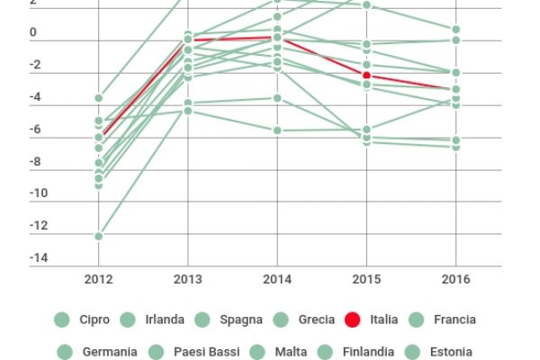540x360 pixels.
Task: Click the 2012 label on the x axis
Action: [98, 279]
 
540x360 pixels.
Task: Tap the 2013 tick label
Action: [187, 279]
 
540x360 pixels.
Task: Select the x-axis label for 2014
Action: [277, 279]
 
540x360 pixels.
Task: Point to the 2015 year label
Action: [366, 279]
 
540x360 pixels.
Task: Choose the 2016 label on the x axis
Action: [455, 279]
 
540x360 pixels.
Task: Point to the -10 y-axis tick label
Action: [38, 194]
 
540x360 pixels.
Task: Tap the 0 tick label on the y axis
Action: [33, 33]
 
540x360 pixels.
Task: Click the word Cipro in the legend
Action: [94, 319]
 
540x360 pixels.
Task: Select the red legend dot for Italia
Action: [353, 319]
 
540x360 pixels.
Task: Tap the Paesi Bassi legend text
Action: [206, 352]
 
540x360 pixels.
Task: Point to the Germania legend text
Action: [109, 352]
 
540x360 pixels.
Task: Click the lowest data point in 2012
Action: [98, 236]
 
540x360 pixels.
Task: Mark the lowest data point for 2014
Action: [277, 130]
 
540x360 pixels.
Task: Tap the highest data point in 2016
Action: [455, 30]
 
